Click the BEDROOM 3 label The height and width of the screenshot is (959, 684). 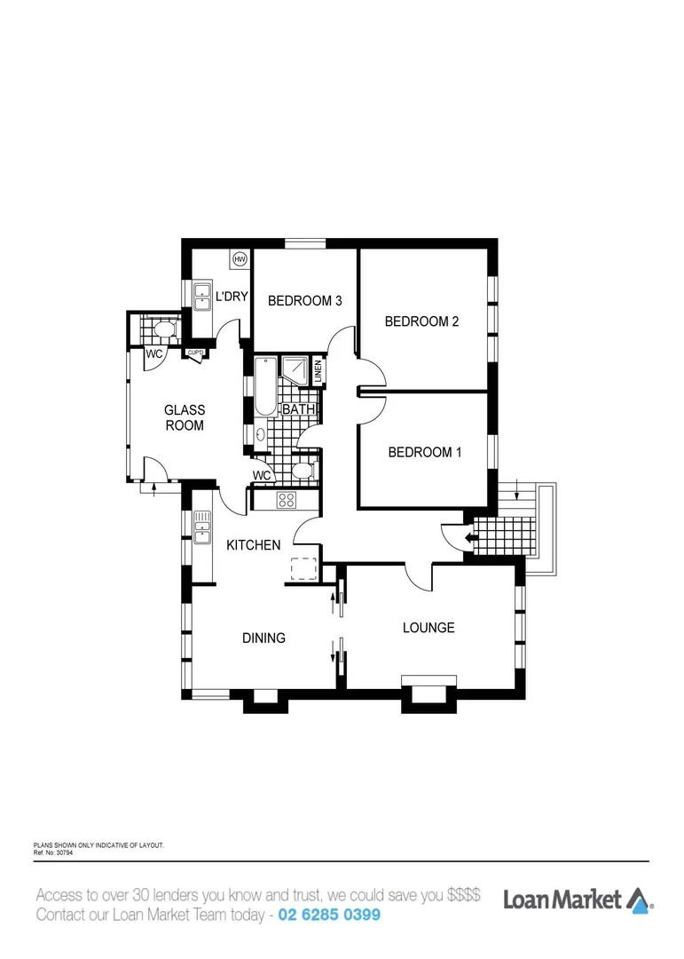[305, 301]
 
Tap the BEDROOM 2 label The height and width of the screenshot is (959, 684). [421, 321]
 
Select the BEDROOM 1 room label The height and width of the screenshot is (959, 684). [425, 452]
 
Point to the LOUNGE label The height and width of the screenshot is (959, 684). [428, 628]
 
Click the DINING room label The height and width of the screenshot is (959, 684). [264, 638]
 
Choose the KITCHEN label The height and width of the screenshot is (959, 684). [254, 545]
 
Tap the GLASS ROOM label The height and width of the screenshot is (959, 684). [185, 417]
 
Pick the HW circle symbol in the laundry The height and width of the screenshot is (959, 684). [240, 259]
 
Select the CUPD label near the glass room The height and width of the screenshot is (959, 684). [195, 353]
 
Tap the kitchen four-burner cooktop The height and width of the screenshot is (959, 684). [286, 500]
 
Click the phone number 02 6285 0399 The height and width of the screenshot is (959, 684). [329, 915]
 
